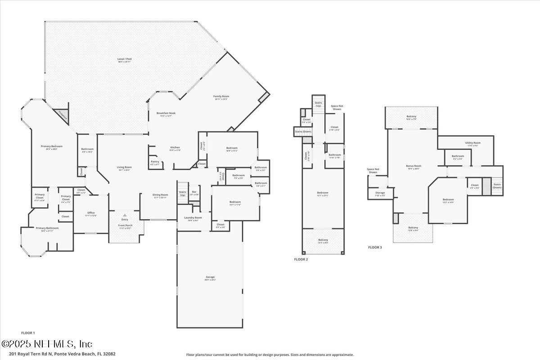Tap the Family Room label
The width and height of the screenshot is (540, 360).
point(221,96)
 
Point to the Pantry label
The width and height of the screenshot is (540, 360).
point(154,162)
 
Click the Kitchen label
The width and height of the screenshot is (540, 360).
point(175,148)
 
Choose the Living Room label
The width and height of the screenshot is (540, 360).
point(124,167)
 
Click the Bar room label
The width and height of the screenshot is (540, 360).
point(194,192)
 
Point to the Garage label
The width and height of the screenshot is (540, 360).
point(210,277)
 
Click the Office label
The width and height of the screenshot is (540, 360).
point(91,213)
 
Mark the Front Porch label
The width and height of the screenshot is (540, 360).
point(125,225)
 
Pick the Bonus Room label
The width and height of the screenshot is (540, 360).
point(413,166)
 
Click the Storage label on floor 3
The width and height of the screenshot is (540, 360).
point(380,193)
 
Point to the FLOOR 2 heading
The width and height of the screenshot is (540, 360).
point(300,260)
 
